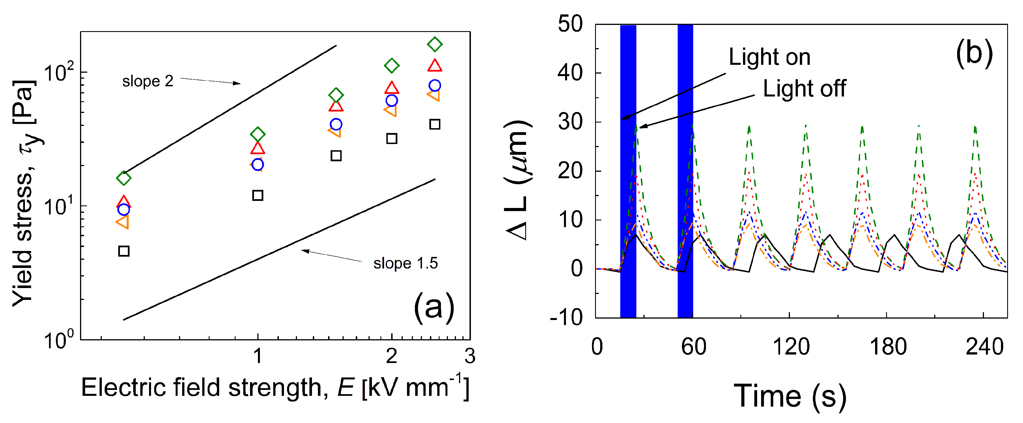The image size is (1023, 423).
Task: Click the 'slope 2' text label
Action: (x=147, y=81)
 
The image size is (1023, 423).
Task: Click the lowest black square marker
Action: (x=124, y=251)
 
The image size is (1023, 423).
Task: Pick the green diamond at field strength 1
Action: (x=258, y=134)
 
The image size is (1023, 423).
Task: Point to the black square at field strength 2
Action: (x=391, y=139)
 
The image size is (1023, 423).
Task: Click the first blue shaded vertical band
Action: (x=628, y=171)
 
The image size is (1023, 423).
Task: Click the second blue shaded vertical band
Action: (x=685, y=171)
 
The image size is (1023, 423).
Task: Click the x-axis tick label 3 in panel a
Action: (x=470, y=356)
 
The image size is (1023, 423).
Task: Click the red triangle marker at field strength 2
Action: (x=391, y=88)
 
